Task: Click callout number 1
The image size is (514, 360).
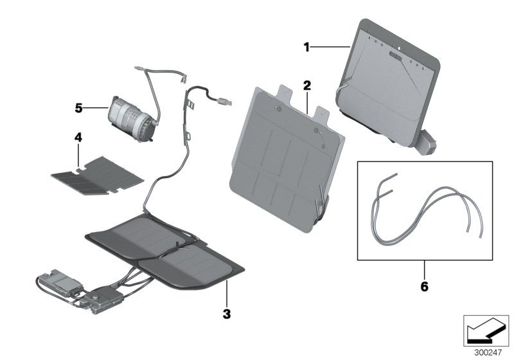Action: pyautogui.click(x=307, y=46)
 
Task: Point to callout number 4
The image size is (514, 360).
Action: pyautogui.click(x=77, y=138)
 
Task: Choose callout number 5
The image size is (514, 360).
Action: pyautogui.click(x=78, y=108)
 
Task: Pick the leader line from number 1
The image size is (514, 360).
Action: pyautogui.click(x=330, y=46)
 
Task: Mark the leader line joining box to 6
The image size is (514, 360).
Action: pyautogui.click(x=423, y=268)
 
